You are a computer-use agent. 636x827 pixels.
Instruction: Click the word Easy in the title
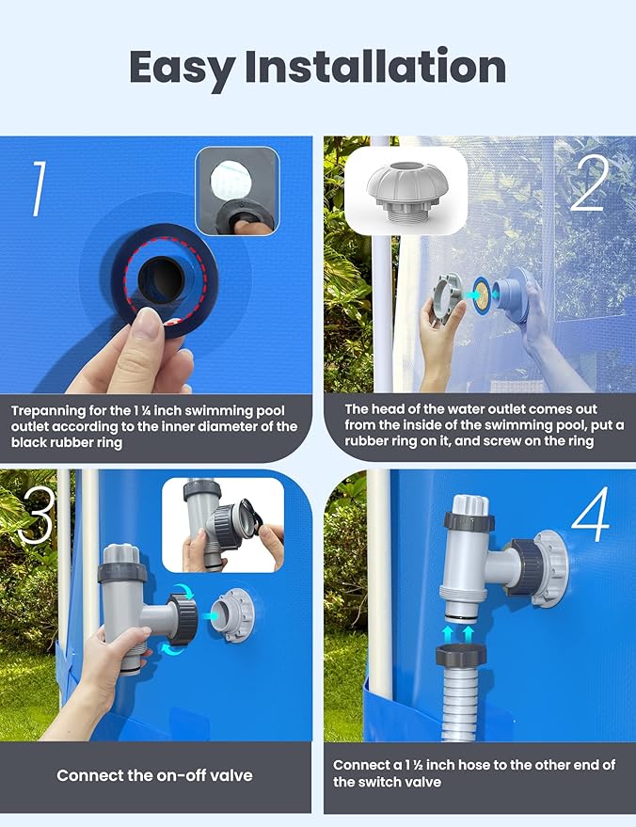tap(180, 67)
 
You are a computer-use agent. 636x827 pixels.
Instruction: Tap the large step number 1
tap(39, 189)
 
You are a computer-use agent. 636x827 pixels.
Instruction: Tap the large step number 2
tap(589, 187)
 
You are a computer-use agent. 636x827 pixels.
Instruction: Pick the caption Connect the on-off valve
tap(154, 776)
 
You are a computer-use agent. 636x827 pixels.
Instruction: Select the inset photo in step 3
tap(222, 524)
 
